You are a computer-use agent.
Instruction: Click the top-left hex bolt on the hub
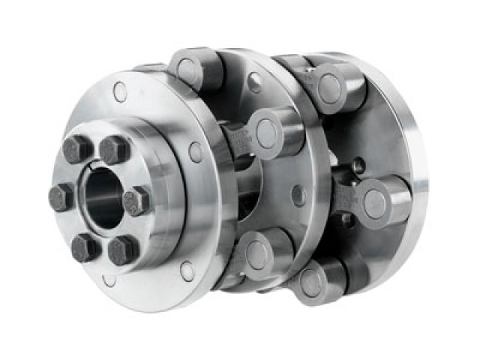(78, 149)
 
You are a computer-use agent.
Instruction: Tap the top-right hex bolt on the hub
(114, 150)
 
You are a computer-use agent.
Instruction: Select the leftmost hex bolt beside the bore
(61, 197)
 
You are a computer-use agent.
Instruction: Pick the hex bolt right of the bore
(136, 201)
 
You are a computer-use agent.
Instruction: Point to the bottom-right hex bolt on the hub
(122, 250)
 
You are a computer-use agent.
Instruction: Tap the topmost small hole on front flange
(120, 92)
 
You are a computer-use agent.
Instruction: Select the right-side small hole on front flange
(196, 152)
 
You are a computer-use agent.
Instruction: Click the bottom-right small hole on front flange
(187, 271)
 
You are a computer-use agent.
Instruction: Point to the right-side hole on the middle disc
(298, 196)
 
